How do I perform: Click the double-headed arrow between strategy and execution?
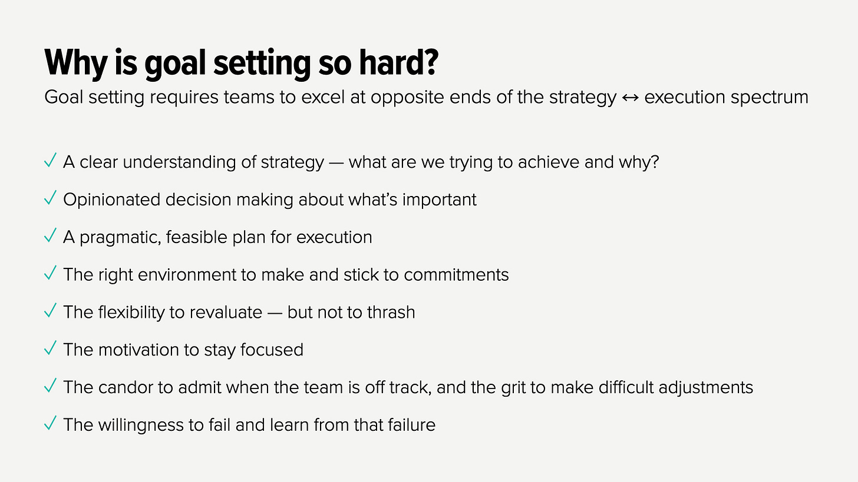click(x=630, y=97)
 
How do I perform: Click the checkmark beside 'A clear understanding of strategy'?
click(x=51, y=161)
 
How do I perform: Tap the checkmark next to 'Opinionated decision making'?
click(x=51, y=198)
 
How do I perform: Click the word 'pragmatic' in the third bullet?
click(x=120, y=238)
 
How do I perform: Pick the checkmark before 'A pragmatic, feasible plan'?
click(x=51, y=236)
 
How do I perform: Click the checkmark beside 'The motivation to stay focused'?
click(x=51, y=348)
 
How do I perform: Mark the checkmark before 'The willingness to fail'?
click(x=51, y=423)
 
